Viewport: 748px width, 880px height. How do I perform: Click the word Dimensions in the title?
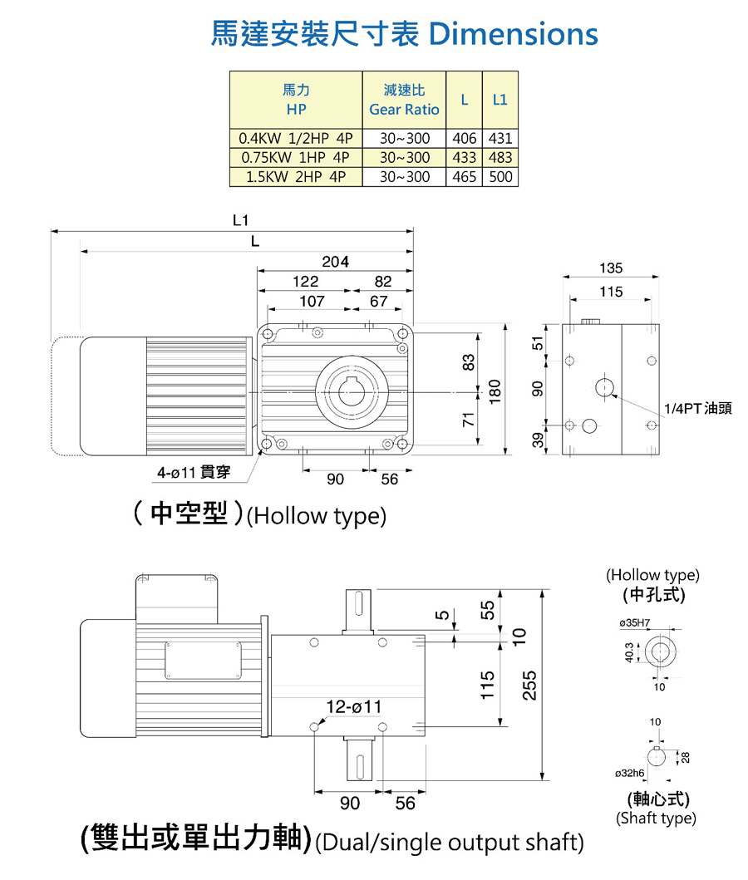pos(514,33)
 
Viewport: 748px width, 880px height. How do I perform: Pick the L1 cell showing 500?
pos(500,177)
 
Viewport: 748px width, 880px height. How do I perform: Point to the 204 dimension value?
pos(335,262)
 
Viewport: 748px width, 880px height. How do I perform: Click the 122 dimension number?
pos(305,283)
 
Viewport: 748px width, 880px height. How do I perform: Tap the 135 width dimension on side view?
pos(610,268)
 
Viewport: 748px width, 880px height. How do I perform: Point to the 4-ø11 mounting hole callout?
pos(193,474)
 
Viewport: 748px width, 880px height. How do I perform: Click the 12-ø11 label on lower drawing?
pos(353,705)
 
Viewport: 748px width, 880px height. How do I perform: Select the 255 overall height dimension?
pos(529,685)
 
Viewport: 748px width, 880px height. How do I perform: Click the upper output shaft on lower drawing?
pos(358,611)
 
